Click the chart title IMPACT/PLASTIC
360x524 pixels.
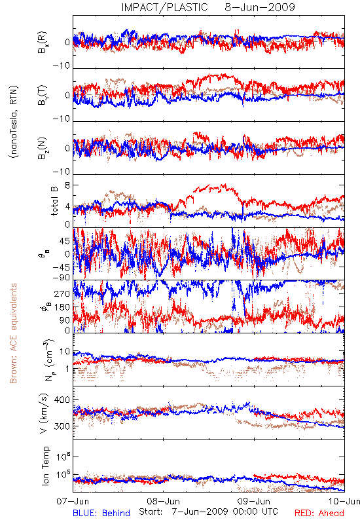(164, 7)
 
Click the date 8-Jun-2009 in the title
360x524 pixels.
(260, 7)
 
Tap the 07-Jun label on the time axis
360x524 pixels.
(73, 501)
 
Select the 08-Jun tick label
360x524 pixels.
(163, 501)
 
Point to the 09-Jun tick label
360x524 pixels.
(254, 501)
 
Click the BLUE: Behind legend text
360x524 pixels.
(101, 513)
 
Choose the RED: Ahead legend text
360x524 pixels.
(319, 513)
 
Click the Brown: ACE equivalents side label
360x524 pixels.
(13, 333)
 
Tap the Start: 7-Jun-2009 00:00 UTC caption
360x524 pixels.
(208, 512)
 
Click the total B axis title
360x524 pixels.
(54, 201)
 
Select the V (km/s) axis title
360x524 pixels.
(44, 413)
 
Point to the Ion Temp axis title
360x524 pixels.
(45, 466)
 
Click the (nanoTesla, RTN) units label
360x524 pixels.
(14, 122)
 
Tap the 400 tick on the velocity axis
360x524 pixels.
(62, 400)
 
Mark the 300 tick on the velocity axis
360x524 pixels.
(62, 426)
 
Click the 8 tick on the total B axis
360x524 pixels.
(67, 185)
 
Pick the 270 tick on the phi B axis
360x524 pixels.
(62, 293)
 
